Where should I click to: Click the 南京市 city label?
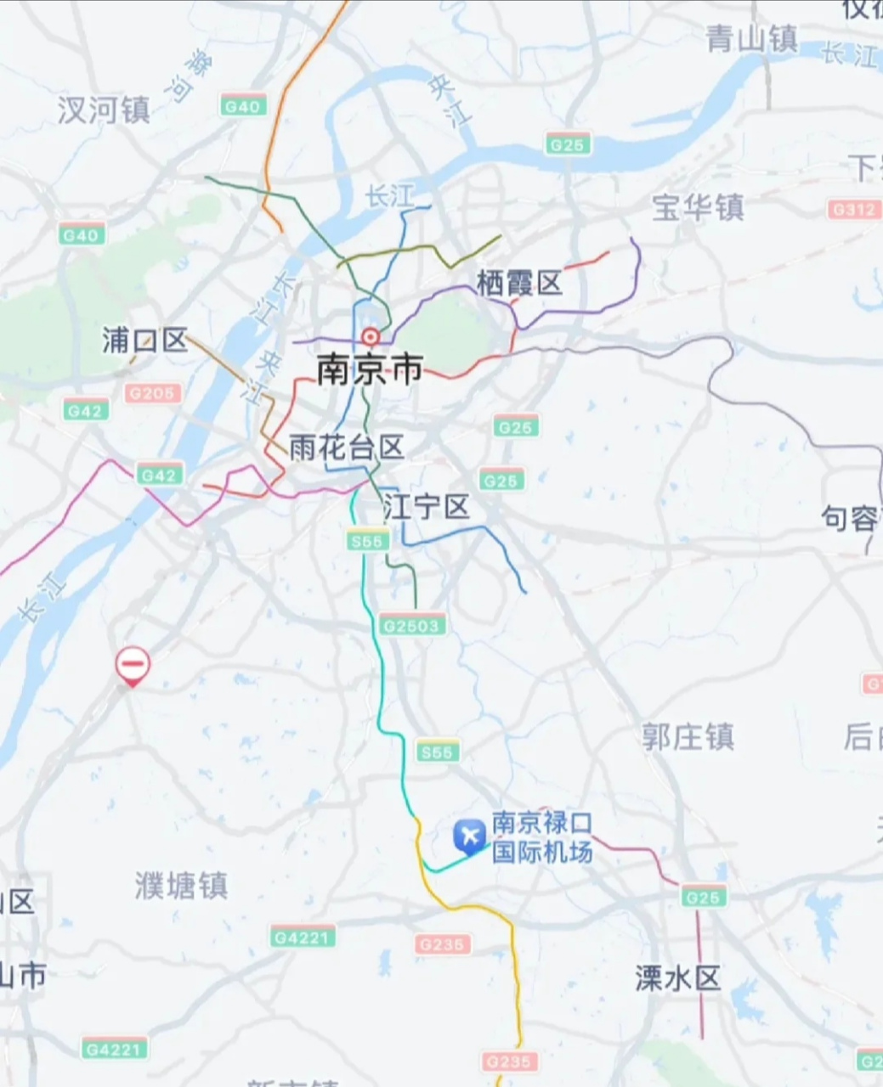coord(370,370)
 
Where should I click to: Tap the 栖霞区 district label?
coord(519,282)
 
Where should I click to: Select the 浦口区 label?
coord(144,340)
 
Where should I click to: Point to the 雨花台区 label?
coord(346,448)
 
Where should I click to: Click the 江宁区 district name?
coord(426,507)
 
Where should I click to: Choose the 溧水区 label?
coord(677,978)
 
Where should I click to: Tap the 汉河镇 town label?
coord(104,110)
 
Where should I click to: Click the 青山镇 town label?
coord(751,38)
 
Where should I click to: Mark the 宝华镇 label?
coord(698,207)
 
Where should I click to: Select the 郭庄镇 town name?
coord(688,736)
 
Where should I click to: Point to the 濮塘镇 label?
coord(181,886)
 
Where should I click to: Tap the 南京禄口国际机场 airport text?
coord(541,836)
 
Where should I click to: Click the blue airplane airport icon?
coord(468,836)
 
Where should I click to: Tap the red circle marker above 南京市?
coord(370,336)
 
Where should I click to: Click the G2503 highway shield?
coord(412,626)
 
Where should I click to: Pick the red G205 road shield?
coord(153,393)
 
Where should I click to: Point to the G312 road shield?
coord(854,209)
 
